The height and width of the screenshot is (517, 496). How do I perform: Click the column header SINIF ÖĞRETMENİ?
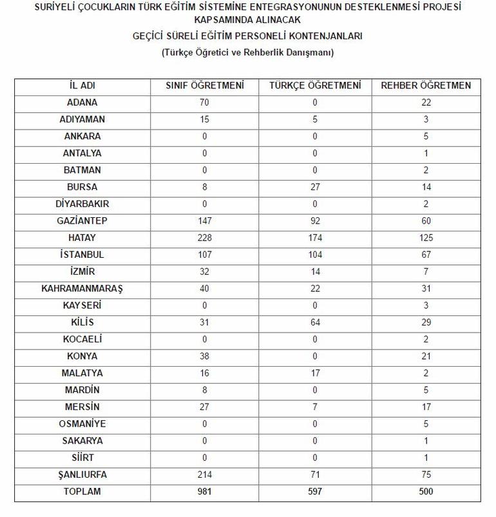click(x=205, y=86)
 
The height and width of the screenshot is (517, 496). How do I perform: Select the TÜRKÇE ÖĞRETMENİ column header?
click(x=315, y=86)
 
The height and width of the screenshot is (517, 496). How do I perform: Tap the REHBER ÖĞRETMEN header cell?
click(x=426, y=86)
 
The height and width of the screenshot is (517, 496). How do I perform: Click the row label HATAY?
click(x=82, y=238)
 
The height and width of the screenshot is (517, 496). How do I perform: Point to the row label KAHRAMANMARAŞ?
click(x=82, y=289)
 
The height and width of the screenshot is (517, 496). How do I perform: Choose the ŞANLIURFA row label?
click(x=82, y=475)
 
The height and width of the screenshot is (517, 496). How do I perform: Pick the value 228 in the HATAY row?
click(x=205, y=238)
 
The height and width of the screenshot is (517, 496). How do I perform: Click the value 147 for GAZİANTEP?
click(x=205, y=221)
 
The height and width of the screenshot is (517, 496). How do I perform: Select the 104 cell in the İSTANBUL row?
click(x=315, y=255)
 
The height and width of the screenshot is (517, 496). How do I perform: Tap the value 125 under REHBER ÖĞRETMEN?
click(x=426, y=238)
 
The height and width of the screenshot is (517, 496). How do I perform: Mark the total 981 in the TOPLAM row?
click(x=205, y=492)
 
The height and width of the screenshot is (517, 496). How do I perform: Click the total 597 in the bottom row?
click(x=315, y=492)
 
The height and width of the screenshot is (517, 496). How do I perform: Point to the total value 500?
click(x=426, y=492)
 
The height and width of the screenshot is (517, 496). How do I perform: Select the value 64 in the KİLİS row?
click(x=315, y=322)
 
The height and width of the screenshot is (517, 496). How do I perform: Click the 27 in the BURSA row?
click(x=315, y=187)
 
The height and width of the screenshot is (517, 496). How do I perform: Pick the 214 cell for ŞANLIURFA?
click(x=205, y=475)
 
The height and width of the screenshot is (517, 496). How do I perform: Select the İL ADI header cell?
click(x=82, y=86)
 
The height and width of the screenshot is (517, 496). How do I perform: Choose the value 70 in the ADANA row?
click(x=205, y=102)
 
